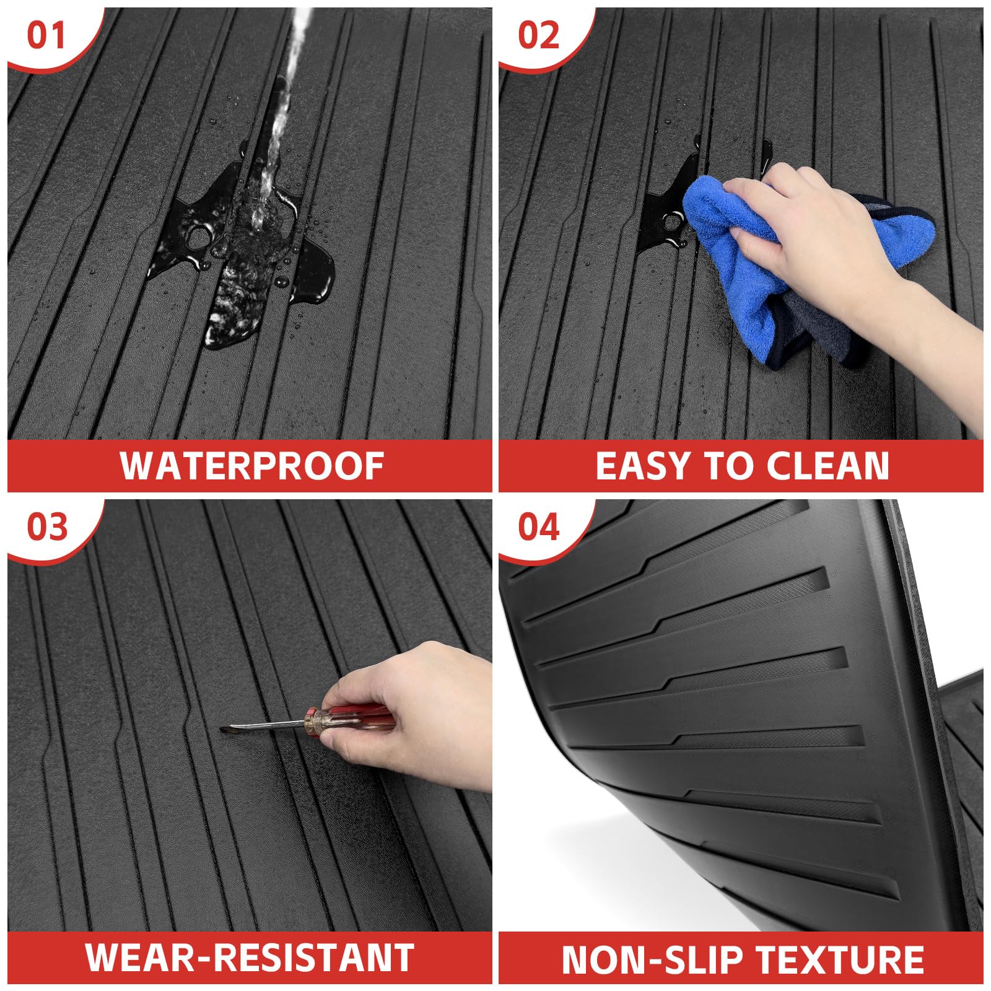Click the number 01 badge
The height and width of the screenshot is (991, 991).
[x=46, y=36]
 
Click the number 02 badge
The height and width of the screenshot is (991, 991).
[x=538, y=36]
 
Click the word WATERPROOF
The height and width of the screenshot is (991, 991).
[x=251, y=466]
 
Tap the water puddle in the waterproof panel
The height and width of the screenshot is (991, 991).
[x=248, y=260]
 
